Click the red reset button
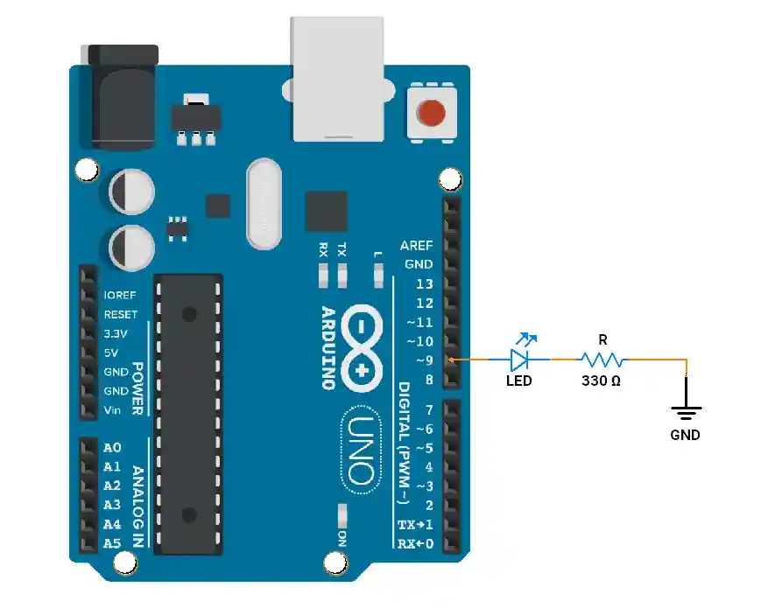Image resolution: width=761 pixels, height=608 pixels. [x=431, y=113]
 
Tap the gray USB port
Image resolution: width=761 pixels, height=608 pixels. [x=337, y=79]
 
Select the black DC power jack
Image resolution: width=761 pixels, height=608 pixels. [x=123, y=97]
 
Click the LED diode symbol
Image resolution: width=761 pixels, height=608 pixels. [x=519, y=360]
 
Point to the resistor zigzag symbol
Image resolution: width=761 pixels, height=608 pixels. [x=603, y=360]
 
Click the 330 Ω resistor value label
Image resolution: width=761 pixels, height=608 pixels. [x=601, y=381]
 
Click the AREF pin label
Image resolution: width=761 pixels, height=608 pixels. [x=416, y=246]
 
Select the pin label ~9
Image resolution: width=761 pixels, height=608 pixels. [x=424, y=360]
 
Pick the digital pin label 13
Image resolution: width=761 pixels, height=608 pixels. [x=424, y=284]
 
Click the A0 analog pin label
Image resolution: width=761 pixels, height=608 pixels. [x=112, y=448]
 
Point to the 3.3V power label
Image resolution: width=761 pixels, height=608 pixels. [x=116, y=333]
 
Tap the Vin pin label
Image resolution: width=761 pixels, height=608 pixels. [x=112, y=410]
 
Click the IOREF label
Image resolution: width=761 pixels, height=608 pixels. [x=120, y=296]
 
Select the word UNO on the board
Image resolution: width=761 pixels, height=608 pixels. [x=361, y=450]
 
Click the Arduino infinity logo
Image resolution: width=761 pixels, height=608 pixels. [x=362, y=348]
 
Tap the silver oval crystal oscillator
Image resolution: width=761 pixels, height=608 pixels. [x=264, y=204]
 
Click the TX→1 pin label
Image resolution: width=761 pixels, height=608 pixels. [x=415, y=525]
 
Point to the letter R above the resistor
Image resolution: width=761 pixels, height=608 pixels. [x=602, y=340]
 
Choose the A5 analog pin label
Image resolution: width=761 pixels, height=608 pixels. [x=112, y=543]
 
